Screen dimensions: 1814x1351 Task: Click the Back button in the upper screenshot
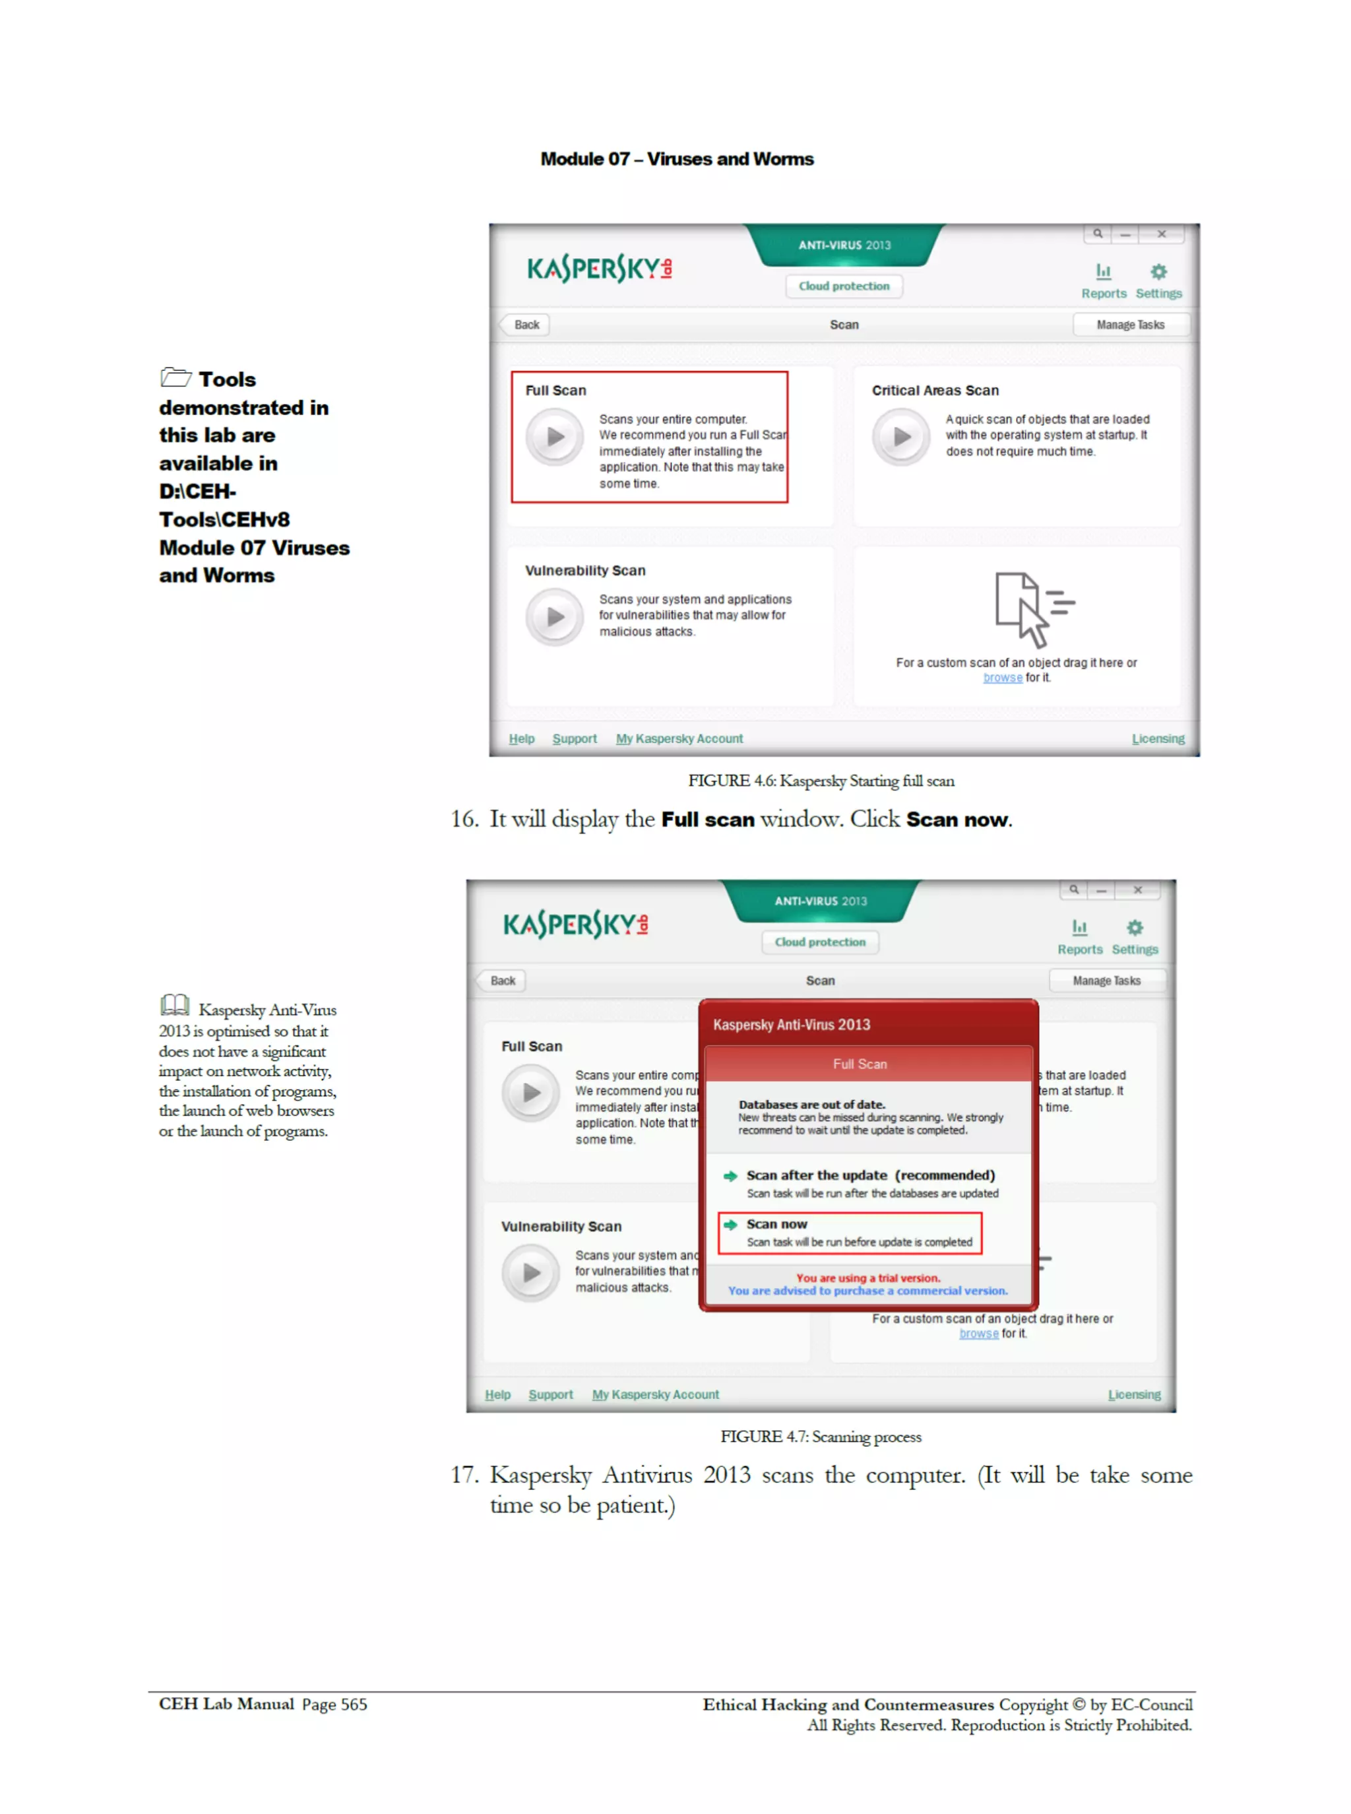pos(525,325)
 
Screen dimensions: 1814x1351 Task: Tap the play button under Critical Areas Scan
pos(901,437)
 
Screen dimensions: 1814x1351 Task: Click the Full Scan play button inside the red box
pos(555,437)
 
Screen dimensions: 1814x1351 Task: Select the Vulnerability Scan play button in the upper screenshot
pos(555,617)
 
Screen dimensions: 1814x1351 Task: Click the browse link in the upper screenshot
pos(1002,678)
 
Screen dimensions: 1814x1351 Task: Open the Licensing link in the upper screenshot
pos(1157,738)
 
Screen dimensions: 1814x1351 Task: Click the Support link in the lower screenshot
pos(550,1394)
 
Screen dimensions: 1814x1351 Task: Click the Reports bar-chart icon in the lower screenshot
pos(1079,927)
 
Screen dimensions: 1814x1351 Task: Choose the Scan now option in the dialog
pos(776,1224)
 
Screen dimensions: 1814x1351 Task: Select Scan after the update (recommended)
pos(869,1175)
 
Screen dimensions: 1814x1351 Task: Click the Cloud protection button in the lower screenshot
pos(819,942)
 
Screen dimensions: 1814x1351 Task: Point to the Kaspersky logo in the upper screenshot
pos(600,269)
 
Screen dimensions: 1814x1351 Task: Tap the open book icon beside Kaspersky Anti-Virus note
pos(175,1005)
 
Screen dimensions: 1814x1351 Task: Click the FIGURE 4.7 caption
pos(820,1437)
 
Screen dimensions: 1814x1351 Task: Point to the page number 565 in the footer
pos(354,1704)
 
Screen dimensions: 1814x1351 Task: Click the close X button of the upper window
pos(1161,234)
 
